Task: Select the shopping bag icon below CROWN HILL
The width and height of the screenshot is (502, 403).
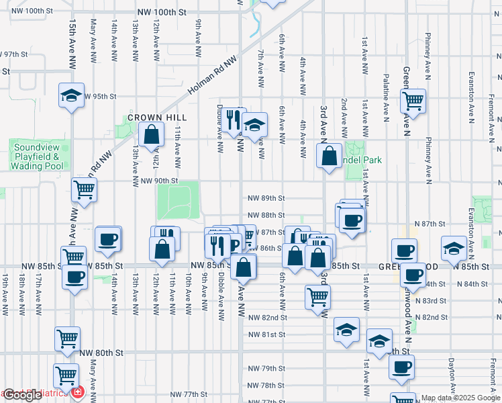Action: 153,134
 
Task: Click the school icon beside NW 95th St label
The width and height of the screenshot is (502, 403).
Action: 70,96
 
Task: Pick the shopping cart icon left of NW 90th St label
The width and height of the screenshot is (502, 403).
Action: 85,189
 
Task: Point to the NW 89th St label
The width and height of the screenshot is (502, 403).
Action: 266,198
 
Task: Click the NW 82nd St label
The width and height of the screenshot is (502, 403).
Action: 267,317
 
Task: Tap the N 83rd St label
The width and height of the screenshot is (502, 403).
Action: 431,300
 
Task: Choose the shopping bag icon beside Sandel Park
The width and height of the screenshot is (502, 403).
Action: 329,156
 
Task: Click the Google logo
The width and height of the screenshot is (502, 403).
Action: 22,395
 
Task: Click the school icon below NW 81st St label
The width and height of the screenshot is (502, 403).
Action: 346,330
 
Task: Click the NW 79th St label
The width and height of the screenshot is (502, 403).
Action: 266,368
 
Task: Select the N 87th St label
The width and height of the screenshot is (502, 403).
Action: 430,223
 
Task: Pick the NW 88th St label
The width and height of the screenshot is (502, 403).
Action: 266,215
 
